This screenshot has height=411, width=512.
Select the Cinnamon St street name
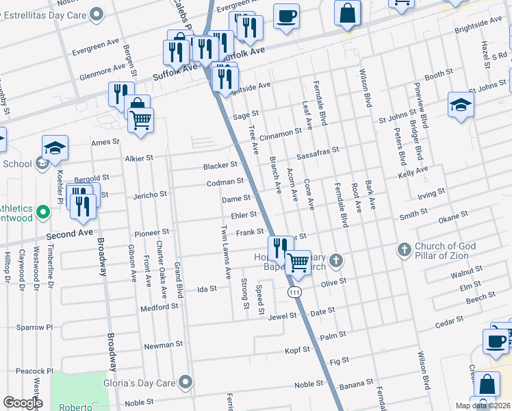tap(280, 132)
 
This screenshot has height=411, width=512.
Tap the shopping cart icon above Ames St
tap(140, 121)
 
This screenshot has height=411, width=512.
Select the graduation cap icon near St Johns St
tap(461, 105)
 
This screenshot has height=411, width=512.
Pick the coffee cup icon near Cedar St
tap(496, 340)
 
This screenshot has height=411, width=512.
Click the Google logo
tap(22, 403)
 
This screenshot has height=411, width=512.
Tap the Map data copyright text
tap(482, 406)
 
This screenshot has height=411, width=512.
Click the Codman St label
tap(226, 182)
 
